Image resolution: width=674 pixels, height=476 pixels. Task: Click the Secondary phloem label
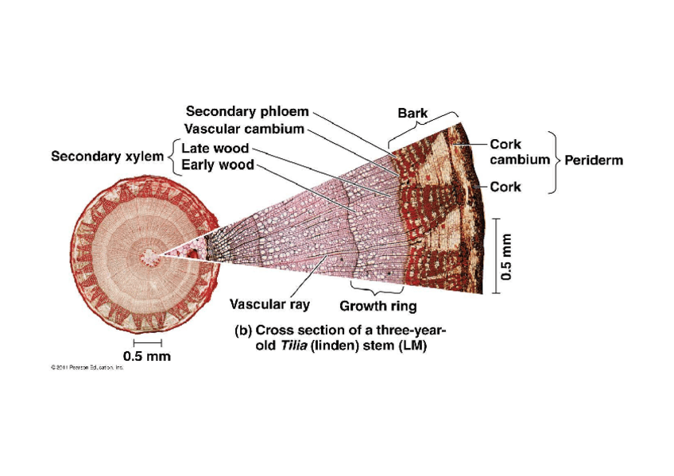pyautogui.click(x=246, y=112)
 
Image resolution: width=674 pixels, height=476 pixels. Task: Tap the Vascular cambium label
pyautogui.click(x=244, y=129)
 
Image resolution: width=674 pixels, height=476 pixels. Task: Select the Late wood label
pyautogui.click(x=215, y=149)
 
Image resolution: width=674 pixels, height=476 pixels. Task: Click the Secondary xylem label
pyautogui.click(x=108, y=157)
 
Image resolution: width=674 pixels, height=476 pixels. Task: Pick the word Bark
pyautogui.click(x=413, y=114)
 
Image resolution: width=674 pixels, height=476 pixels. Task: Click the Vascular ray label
pyautogui.click(x=269, y=304)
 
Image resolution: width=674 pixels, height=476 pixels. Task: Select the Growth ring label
pyautogui.click(x=378, y=306)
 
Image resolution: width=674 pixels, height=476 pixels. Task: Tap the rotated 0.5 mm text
pyautogui.click(x=509, y=256)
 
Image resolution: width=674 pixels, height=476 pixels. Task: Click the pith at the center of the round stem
pyautogui.click(x=149, y=256)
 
